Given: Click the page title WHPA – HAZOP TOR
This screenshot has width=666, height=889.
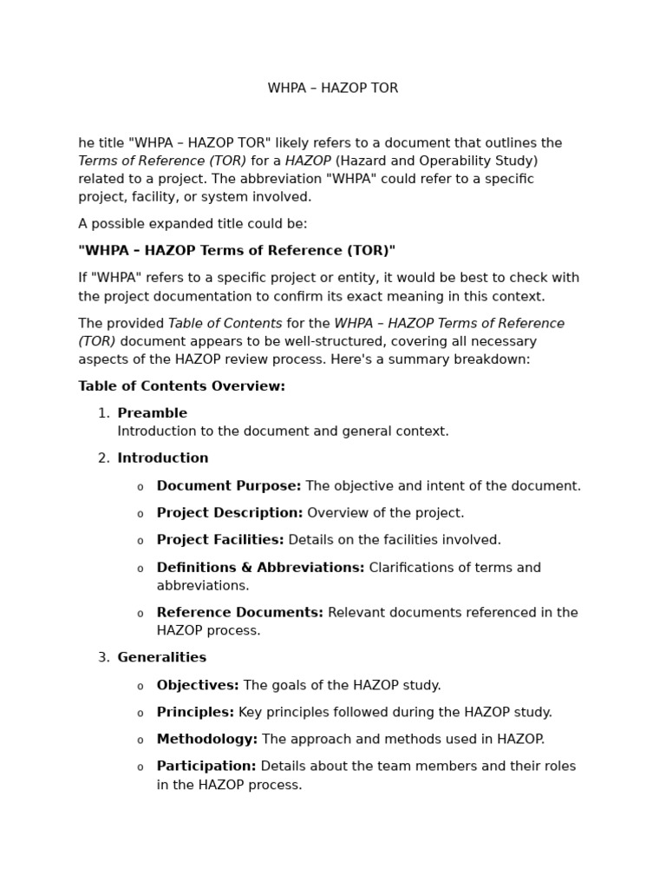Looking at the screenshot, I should pos(333,89).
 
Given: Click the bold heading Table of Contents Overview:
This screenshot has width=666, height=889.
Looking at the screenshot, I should pos(181,386).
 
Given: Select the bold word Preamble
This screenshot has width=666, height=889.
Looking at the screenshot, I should pos(152,413).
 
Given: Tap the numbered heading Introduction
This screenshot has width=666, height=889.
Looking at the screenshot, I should pos(163,458).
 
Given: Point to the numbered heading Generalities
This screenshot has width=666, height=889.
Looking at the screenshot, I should pos(162,657).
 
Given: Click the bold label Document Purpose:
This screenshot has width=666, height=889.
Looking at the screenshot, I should pos(229,486).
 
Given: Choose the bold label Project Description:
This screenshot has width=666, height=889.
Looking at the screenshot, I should pos(230,513).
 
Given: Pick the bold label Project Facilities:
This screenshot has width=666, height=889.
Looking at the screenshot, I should pos(220,540).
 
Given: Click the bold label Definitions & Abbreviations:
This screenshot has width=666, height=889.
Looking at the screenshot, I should pos(260,568).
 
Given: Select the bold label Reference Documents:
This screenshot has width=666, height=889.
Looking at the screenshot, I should pos(240,612).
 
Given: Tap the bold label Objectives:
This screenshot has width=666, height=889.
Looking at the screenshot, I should pos(198,685).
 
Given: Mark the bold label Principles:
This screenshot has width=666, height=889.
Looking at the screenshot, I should pos(195,712).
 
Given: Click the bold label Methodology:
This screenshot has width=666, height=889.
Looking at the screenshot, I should pos(207,740).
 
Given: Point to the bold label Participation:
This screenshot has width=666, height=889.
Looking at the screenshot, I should pos(206,767).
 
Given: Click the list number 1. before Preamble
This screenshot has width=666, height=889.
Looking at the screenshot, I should pos(103,413).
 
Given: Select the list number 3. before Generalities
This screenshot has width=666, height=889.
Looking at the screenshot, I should pos(103,657).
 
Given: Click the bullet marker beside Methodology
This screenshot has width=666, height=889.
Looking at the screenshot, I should pos(140,741).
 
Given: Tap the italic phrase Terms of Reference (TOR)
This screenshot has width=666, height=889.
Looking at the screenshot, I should pos(162,161).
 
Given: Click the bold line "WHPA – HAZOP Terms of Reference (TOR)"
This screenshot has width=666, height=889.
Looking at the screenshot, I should pos(237,251).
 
